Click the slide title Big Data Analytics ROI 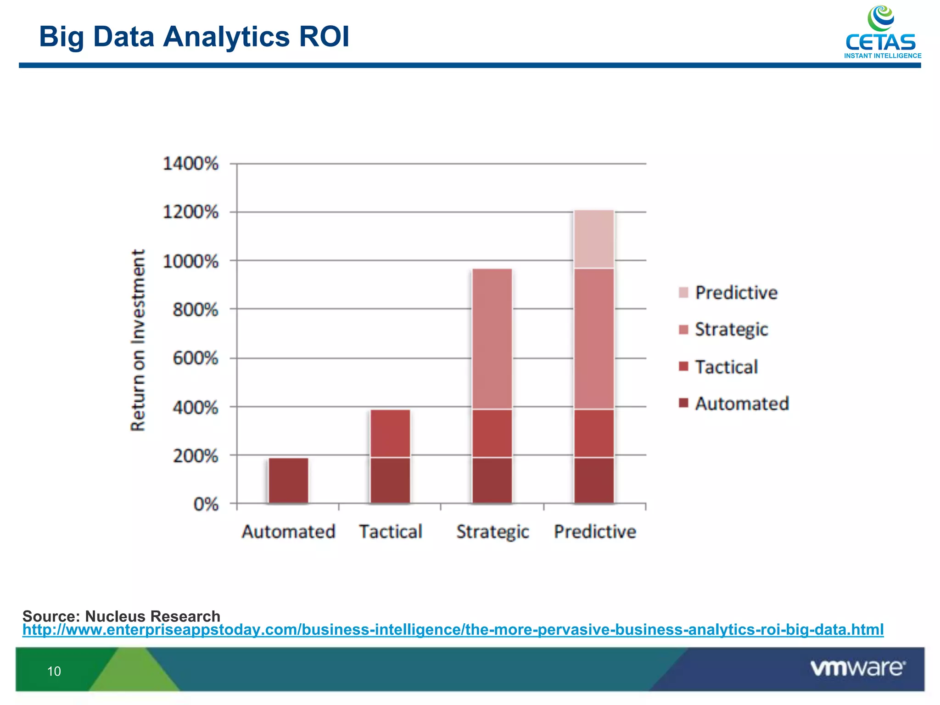click(x=194, y=37)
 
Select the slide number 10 click(x=54, y=671)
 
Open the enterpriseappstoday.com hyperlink click(x=453, y=629)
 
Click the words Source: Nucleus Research click(x=121, y=616)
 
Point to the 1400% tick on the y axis click(x=190, y=164)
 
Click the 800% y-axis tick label click(x=195, y=310)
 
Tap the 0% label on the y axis click(x=206, y=504)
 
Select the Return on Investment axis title click(x=138, y=340)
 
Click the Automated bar click(x=288, y=481)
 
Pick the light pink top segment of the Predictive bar click(x=594, y=239)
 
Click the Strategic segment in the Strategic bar click(x=492, y=339)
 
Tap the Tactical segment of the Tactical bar click(x=390, y=433)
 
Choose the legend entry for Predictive click(x=735, y=293)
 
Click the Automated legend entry click(x=741, y=403)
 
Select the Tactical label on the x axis click(x=390, y=532)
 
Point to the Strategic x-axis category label click(x=492, y=532)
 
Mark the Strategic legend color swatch click(x=683, y=330)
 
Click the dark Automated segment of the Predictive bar click(x=594, y=481)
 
